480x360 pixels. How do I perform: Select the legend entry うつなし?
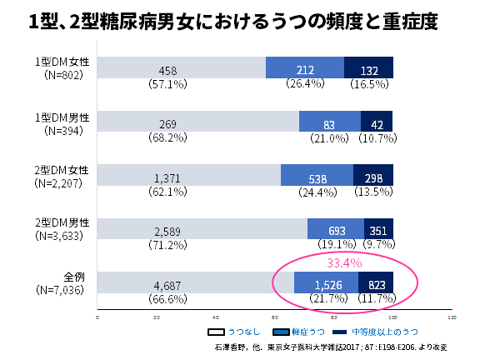[237, 331]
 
